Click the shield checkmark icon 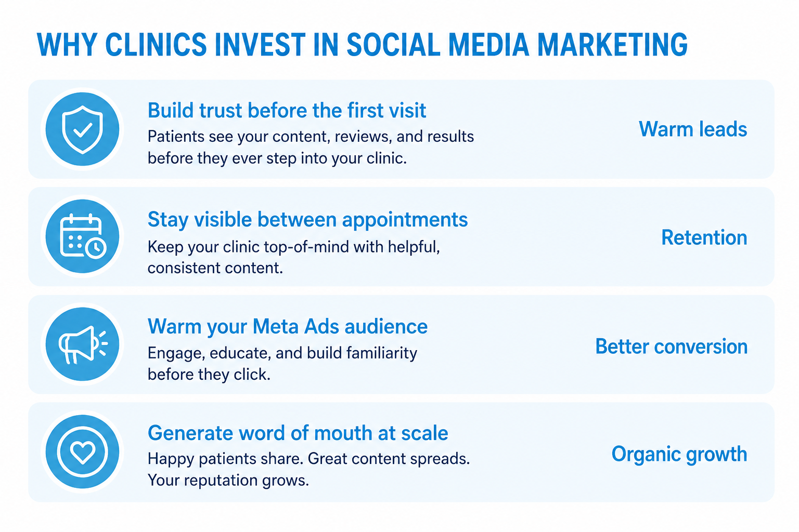(x=82, y=129)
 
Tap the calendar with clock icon (x=82, y=236)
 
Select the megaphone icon (x=82, y=344)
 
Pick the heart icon (x=82, y=452)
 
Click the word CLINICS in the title (x=156, y=45)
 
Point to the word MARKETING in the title (x=612, y=45)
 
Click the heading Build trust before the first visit (x=287, y=110)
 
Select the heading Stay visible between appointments (x=307, y=219)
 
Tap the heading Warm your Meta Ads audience (x=288, y=326)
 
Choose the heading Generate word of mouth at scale (x=298, y=433)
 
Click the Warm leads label (x=693, y=129)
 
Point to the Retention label (x=704, y=237)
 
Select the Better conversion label (x=672, y=346)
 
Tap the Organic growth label (x=679, y=454)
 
